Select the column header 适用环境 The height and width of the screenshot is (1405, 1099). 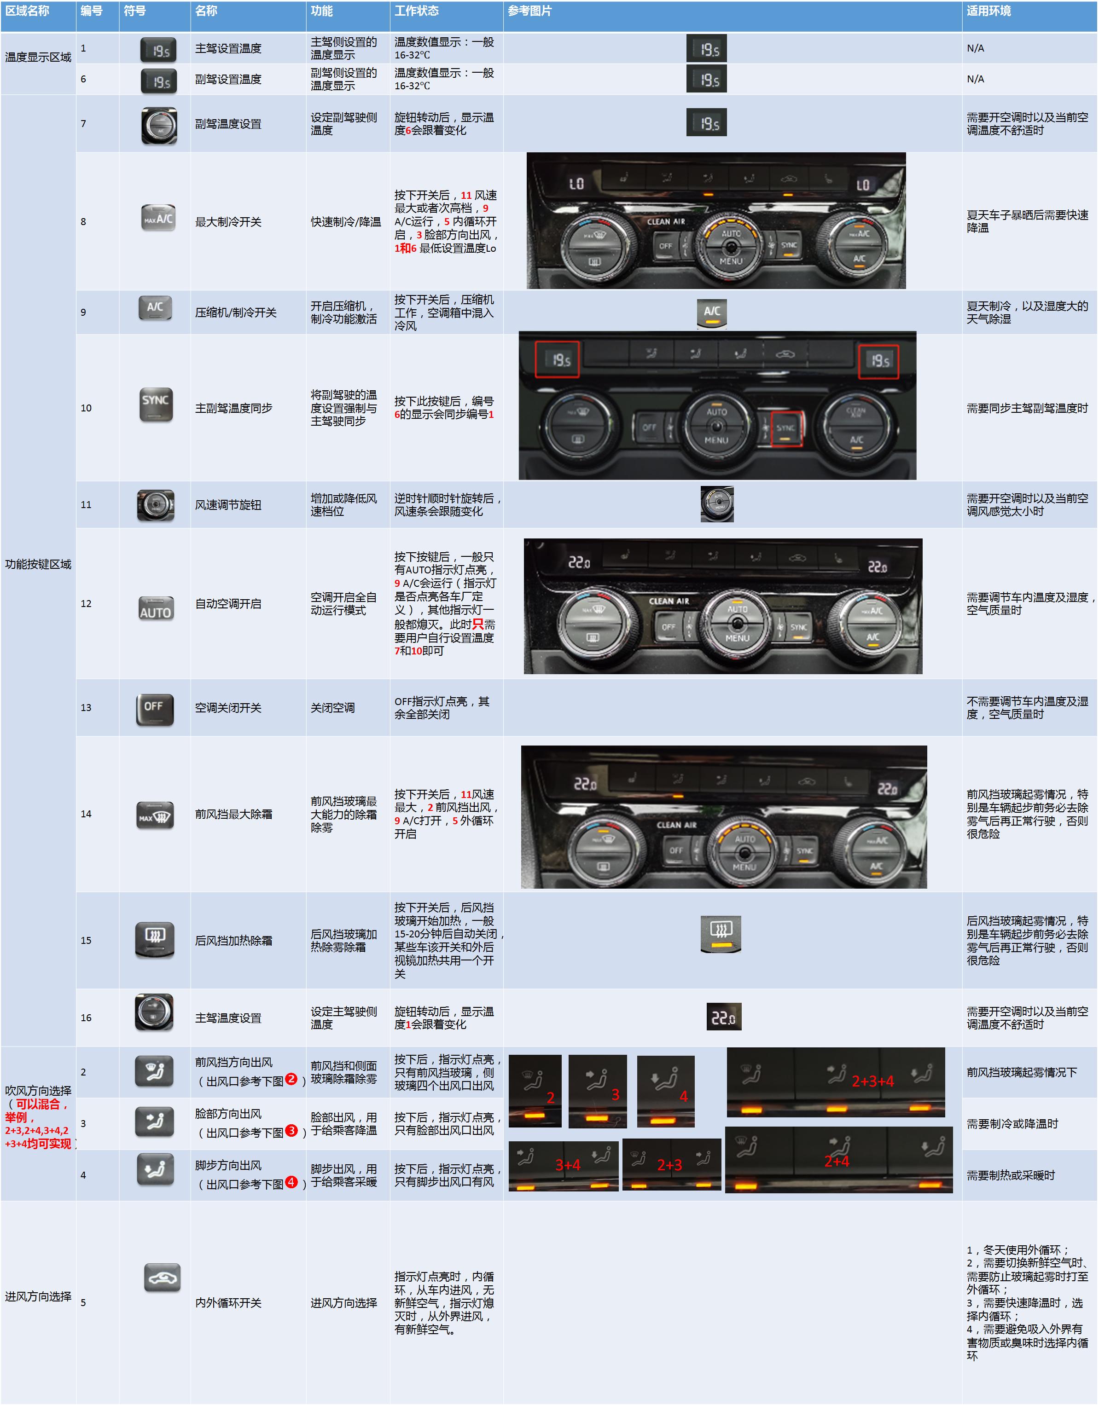click(x=989, y=11)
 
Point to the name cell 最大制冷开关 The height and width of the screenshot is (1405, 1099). click(x=228, y=222)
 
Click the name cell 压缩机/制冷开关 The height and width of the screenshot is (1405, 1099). click(x=236, y=312)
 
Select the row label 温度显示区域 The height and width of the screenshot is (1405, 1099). click(x=38, y=57)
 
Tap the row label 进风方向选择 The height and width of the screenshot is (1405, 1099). click(x=38, y=1296)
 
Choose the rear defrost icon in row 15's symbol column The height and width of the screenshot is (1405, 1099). click(x=154, y=940)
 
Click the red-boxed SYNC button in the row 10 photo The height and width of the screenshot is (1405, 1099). click(x=786, y=429)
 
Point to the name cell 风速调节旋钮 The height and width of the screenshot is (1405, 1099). click(x=228, y=505)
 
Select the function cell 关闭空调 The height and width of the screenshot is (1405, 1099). click(x=333, y=708)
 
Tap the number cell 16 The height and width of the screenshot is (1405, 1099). click(x=86, y=1018)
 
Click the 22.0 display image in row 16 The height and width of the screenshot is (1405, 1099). click(x=724, y=1017)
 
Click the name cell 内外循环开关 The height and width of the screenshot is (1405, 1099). click(x=228, y=1303)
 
